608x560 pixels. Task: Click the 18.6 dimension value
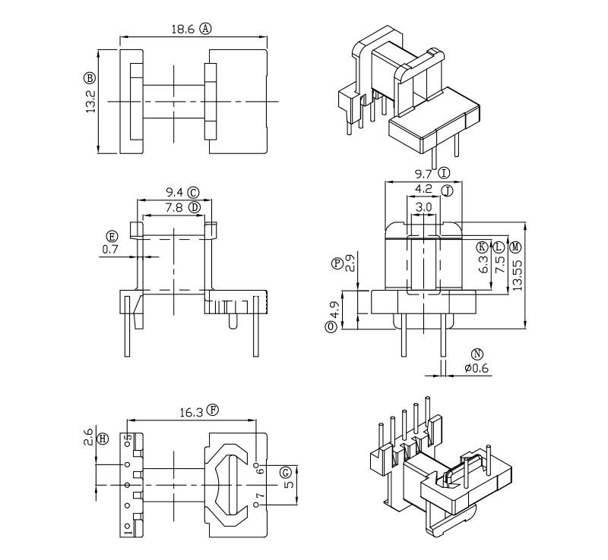click(x=183, y=29)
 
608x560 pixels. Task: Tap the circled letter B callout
click(x=90, y=78)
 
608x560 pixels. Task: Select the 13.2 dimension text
click(x=90, y=99)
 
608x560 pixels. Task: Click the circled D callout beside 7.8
click(x=195, y=206)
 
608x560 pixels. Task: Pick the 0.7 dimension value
click(x=111, y=248)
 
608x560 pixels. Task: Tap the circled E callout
click(x=112, y=235)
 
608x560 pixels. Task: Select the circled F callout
click(x=214, y=411)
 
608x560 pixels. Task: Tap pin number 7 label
click(x=259, y=498)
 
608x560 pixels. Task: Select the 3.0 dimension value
click(x=424, y=206)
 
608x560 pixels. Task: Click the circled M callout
click(x=516, y=247)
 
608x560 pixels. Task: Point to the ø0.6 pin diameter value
click(x=477, y=369)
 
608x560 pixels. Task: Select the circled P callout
click(x=338, y=263)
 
